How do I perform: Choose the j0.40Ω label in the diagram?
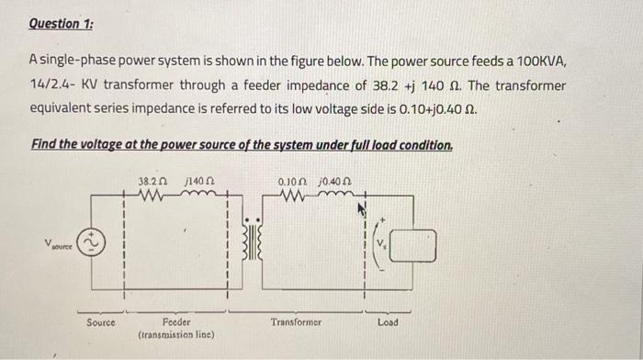click(x=337, y=181)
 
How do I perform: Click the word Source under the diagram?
click(x=101, y=322)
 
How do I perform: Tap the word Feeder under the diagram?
click(x=175, y=322)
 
